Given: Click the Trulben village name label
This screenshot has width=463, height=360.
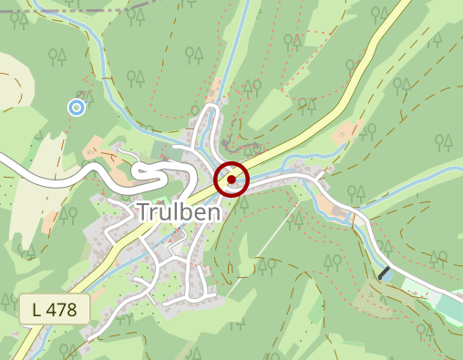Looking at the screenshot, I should tap(179, 212).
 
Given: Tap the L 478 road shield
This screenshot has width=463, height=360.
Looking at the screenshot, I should tap(55, 309).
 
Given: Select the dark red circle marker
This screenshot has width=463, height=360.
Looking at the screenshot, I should tap(231, 180).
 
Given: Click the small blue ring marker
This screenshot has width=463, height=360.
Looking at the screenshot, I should tap(77, 108).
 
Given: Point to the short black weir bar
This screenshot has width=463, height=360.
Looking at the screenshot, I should tap(386, 273).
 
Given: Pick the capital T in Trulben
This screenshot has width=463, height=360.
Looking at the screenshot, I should tap(144, 212).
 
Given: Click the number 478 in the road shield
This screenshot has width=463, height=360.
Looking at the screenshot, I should tap(63, 309).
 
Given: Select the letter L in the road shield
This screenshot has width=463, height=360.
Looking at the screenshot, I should tap(36, 309).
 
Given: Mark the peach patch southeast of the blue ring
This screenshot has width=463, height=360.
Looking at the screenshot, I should tap(97, 146).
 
